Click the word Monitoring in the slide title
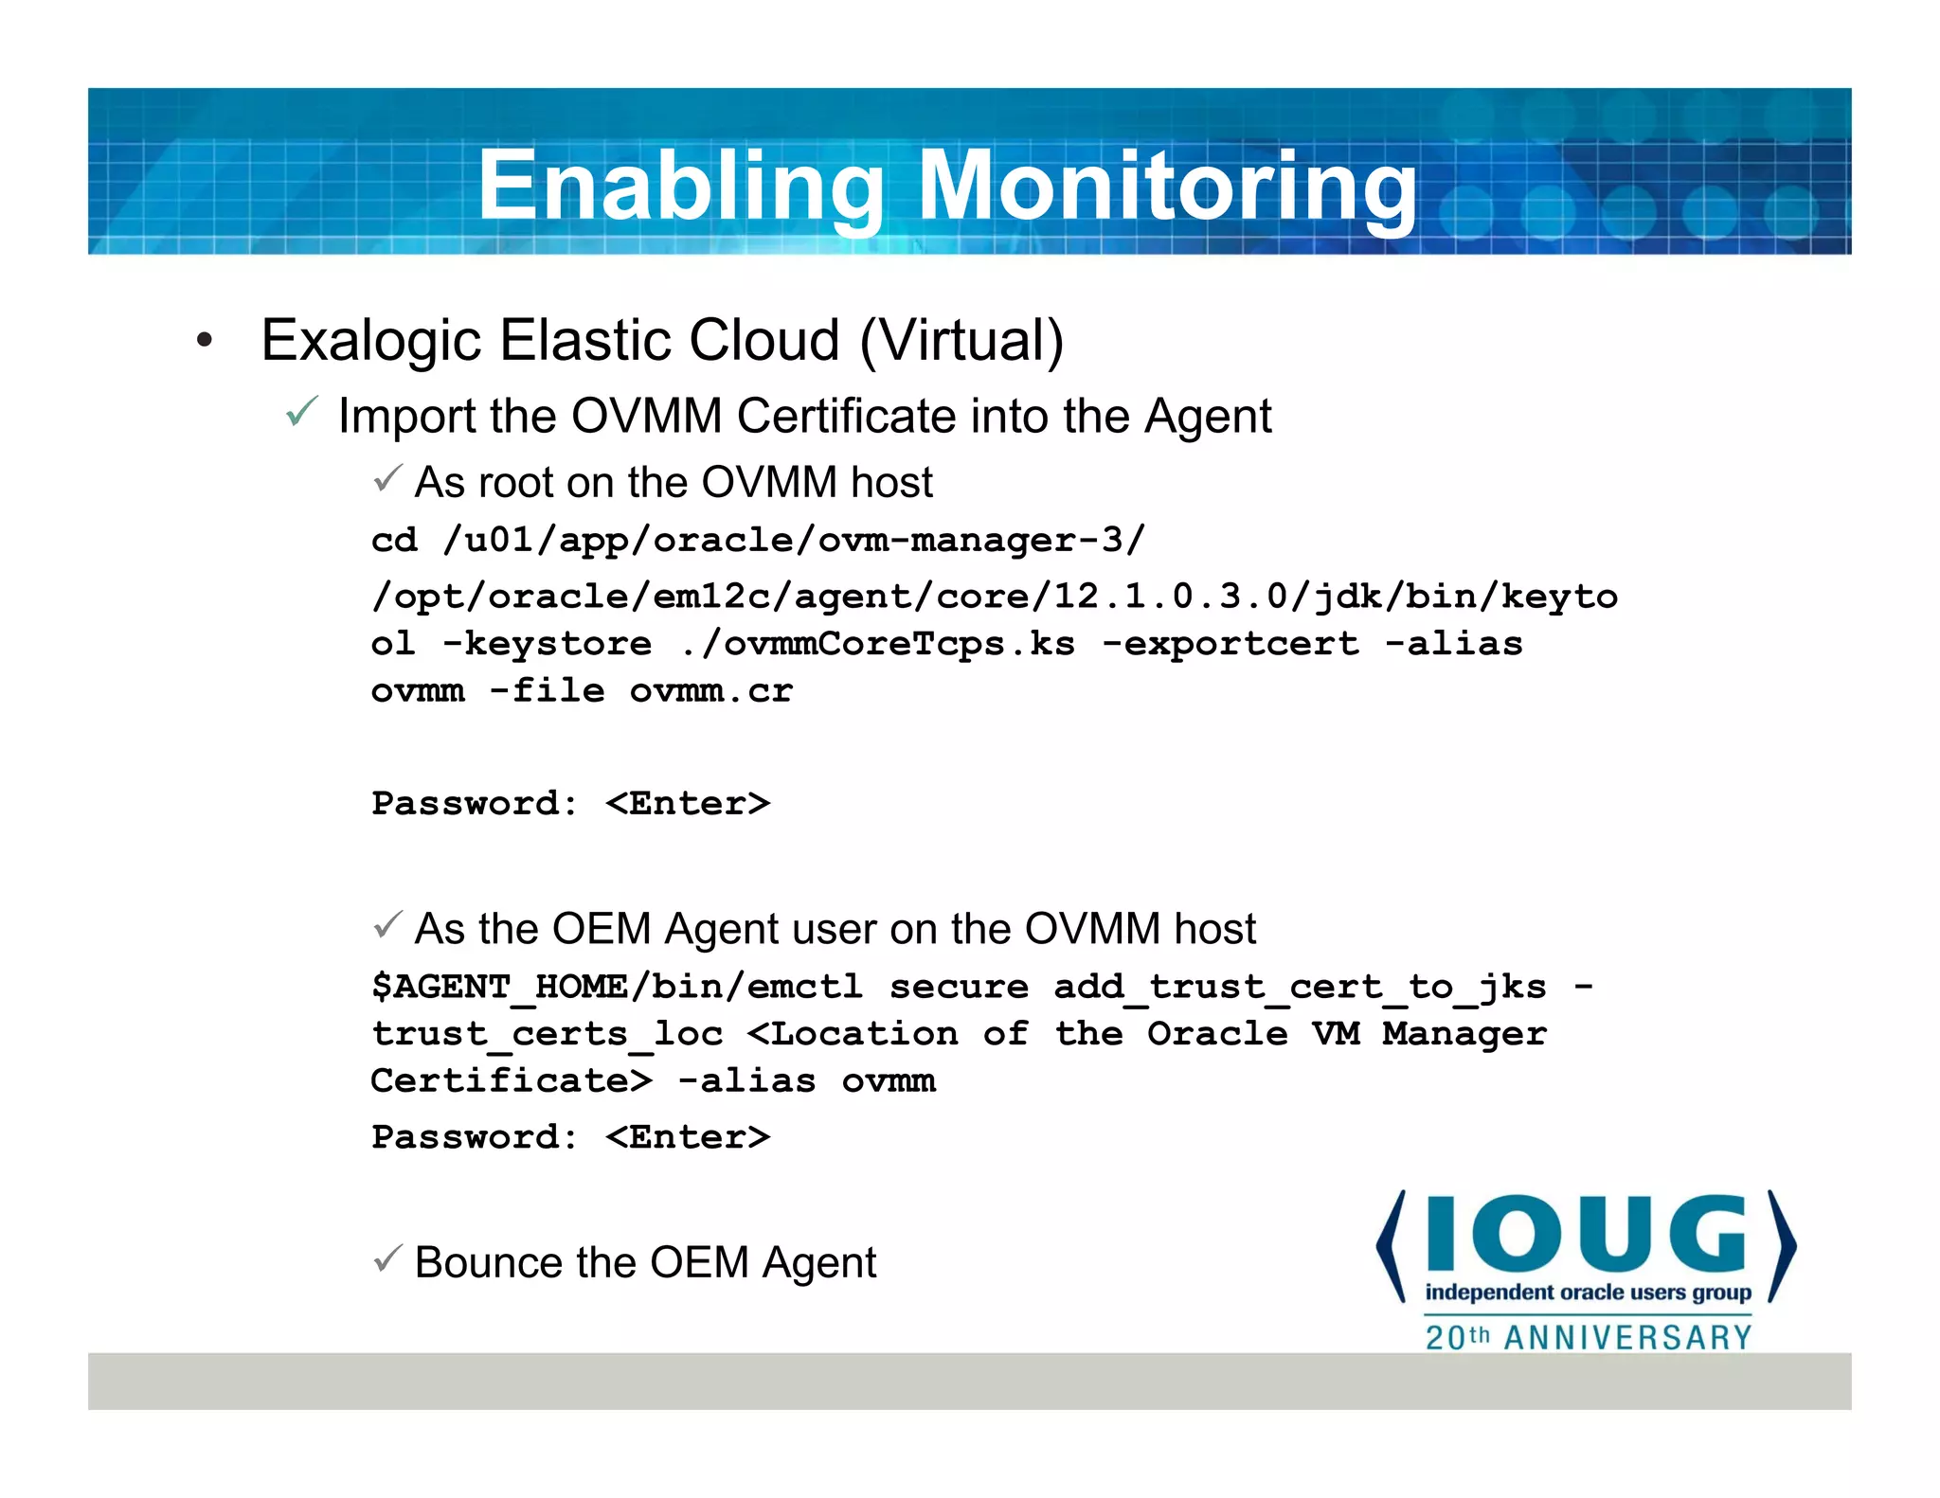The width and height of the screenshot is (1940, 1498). pos(1167,186)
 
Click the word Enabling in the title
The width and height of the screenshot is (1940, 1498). pos(679,186)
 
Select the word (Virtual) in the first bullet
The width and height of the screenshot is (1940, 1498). pos(961,340)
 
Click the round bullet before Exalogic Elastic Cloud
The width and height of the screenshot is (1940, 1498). pos(205,341)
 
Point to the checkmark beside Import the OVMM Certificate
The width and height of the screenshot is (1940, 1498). pos(301,413)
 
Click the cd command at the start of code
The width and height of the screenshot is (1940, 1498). pos(394,540)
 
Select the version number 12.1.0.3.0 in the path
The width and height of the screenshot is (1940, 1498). pos(1171,597)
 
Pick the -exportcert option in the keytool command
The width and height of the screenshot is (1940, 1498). pos(1230,644)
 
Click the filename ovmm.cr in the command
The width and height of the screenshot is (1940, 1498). pos(710,691)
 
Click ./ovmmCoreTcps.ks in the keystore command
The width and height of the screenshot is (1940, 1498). pos(877,644)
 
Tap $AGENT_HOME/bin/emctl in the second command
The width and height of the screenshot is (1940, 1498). pos(617,987)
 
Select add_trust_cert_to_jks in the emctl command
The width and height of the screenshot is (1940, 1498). pos(1300,987)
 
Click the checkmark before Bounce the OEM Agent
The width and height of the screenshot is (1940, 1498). pos(387,1258)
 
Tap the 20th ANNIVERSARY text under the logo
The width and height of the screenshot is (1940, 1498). pos(1588,1337)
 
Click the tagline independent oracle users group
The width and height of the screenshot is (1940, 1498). pos(1588,1293)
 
